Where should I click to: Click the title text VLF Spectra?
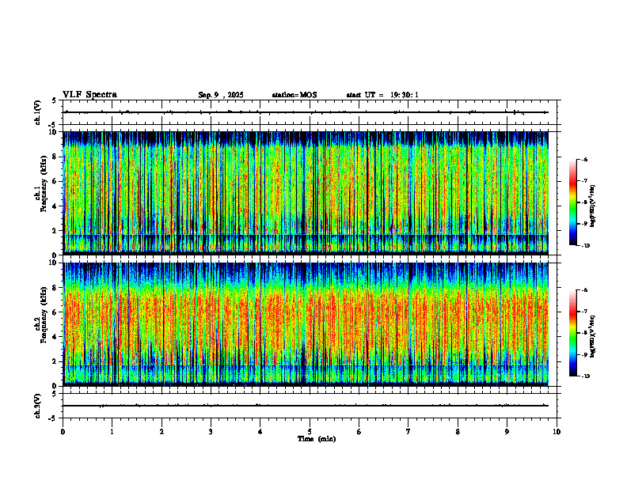click(89, 95)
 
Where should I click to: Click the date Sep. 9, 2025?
click(221, 95)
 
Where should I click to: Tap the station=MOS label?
click(294, 95)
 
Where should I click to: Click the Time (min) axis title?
click(316, 439)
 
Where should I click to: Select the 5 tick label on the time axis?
click(310, 432)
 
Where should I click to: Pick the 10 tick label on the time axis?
click(557, 432)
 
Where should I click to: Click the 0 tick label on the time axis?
click(63, 432)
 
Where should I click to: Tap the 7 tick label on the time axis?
click(408, 432)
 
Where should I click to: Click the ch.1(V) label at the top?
click(38, 112)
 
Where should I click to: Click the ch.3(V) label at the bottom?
click(38, 405)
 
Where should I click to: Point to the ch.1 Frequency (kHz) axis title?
click(39, 192)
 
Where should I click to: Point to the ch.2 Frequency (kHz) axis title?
click(39, 323)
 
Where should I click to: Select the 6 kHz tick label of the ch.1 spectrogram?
click(55, 181)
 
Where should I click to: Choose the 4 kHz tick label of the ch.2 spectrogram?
click(55, 336)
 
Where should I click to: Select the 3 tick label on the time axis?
click(211, 432)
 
